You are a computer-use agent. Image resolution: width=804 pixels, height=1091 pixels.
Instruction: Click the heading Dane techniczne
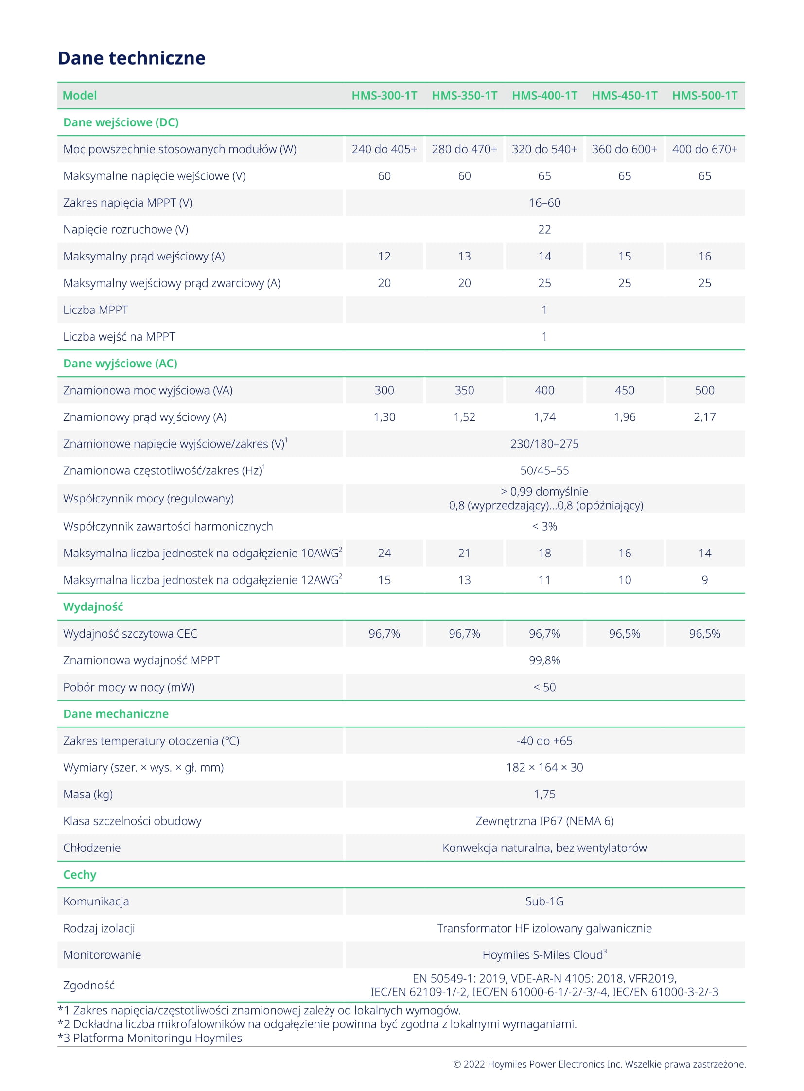point(131,58)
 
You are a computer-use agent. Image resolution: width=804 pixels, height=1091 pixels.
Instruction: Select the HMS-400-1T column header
point(544,95)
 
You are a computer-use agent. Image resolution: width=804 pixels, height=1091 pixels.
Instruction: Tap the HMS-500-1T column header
point(704,95)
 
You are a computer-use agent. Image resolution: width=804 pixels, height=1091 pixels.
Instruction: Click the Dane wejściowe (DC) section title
point(121,122)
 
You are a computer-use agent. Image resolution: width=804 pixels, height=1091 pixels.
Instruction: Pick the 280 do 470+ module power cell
point(464,149)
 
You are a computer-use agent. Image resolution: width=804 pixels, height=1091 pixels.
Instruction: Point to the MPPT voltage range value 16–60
point(544,203)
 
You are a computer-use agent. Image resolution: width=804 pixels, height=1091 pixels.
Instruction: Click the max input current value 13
point(464,256)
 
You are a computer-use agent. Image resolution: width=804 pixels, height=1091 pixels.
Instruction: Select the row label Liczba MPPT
point(95,310)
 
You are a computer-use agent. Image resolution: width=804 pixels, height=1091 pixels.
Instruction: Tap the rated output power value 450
point(625,390)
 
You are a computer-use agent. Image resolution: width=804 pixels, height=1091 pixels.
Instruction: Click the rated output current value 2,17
point(704,416)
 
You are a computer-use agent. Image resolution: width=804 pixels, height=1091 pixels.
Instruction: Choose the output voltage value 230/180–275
point(544,443)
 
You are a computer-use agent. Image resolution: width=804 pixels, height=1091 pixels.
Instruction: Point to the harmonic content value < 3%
point(544,526)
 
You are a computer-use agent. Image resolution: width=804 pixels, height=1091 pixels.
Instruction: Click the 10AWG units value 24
point(384,553)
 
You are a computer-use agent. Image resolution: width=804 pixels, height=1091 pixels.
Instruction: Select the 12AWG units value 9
point(704,580)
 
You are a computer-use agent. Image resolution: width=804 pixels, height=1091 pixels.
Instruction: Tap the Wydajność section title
point(93,606)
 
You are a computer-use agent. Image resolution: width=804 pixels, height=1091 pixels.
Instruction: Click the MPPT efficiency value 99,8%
point(544,660)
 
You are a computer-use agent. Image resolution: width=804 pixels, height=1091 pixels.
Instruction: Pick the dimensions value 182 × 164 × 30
point(544,767)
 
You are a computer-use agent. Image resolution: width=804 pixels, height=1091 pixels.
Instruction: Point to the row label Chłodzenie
point(91,847)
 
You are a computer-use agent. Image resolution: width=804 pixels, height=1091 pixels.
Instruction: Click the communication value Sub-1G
point(544,901)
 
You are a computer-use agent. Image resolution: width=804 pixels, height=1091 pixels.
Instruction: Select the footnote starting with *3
point(150,1038)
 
